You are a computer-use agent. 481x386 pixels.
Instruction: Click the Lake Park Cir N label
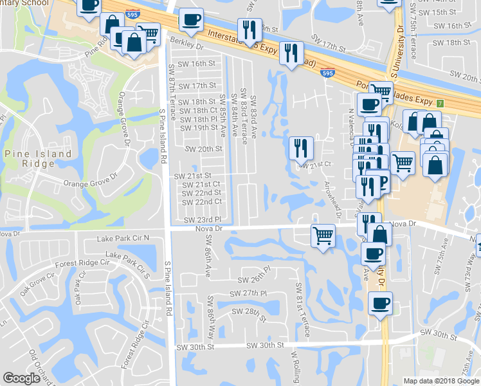pos(123,238)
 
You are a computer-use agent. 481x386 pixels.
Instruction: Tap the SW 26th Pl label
pos(255,279)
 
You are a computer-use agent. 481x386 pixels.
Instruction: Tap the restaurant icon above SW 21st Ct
pos(301,148)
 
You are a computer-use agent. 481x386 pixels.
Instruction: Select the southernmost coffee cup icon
pos(380,302)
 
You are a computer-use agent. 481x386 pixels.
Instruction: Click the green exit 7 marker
pos(440,103)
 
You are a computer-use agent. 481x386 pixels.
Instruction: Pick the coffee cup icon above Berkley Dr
pos(190,19)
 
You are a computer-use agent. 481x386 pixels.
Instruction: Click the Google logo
pos(22,378)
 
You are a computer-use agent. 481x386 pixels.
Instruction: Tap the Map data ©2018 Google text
pos(440,381)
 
